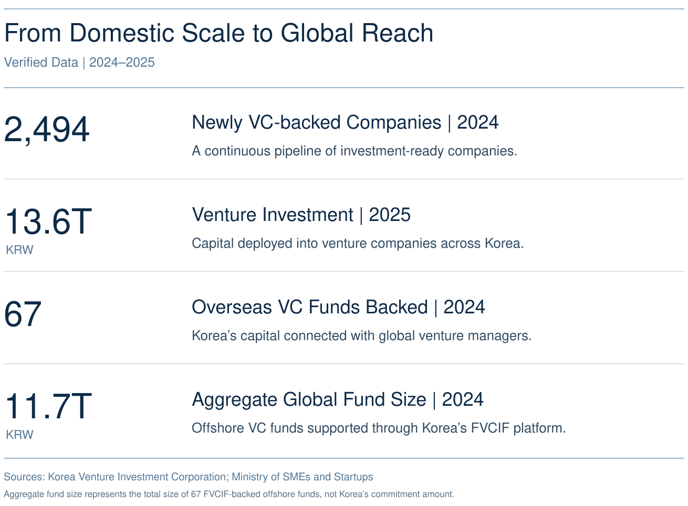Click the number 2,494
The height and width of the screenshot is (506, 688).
[x=47, y=129]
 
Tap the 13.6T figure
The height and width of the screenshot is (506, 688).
[x=48, y=222]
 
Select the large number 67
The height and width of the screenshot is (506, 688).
[x=23, y=314]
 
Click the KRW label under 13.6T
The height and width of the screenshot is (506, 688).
[x=19, y=250]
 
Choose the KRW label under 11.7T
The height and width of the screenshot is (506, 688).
[x=19, y=435]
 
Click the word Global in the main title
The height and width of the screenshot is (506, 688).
[x=317, y=33]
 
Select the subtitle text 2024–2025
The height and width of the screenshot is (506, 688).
[x=122, y=62]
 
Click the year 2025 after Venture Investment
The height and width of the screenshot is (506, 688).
[x=390, y=215]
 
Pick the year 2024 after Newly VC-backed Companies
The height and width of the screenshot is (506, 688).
[x=477, y=122]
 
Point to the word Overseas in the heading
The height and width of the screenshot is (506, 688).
[x=232, y=307]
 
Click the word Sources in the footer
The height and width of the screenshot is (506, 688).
[x=24, y=477]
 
